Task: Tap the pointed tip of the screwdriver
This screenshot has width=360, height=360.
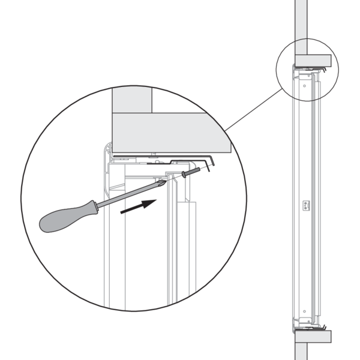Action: [164, 181]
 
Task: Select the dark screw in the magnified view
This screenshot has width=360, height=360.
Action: [188, 172]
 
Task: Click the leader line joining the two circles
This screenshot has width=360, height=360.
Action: [252, 111]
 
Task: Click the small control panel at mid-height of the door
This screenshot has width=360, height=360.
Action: [305, 205]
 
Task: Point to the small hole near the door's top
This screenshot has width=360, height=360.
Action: [304, 85]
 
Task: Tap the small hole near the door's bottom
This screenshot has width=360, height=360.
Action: [305, 312]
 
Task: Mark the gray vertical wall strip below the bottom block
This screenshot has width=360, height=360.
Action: [301, 351]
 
